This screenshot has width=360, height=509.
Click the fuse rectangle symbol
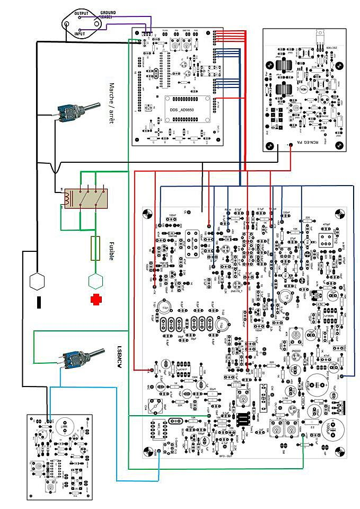pos(96,248)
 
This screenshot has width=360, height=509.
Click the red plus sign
pos(96,299)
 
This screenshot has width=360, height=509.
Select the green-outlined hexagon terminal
pos(95,279)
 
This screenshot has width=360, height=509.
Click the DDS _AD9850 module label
pos(182,109)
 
